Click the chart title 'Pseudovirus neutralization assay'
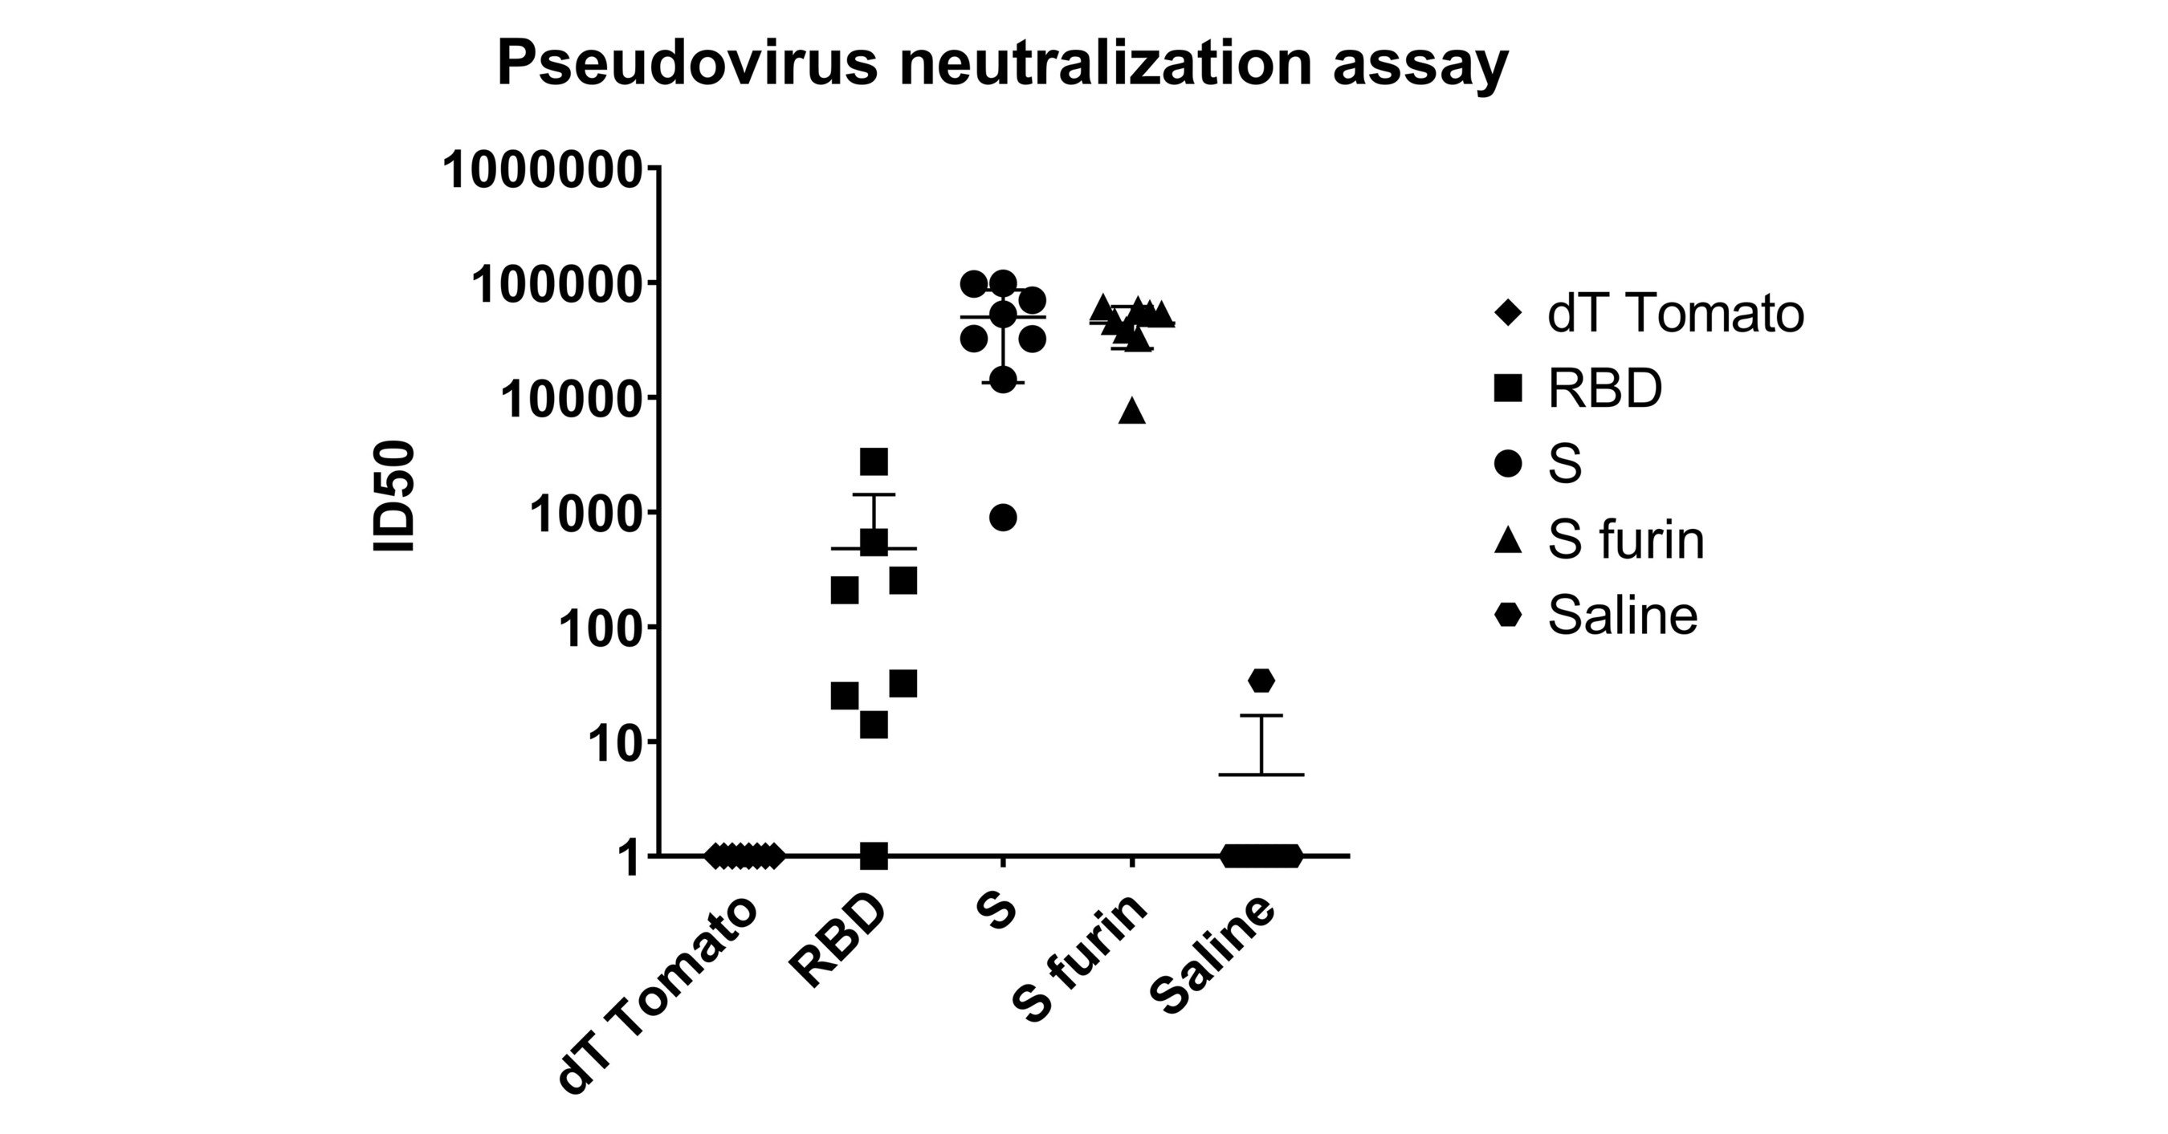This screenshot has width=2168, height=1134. pyautogui.click(x=1002, y=65)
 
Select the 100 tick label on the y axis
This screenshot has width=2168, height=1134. pyautogui.click(x=601, y=628)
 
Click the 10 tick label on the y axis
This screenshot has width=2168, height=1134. pyautogui.click(x=615, y=743)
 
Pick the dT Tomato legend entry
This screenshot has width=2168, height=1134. pyautogui.click(x=1649, y=314)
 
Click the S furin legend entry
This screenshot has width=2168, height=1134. pyautogui.click(x=1599, y=539)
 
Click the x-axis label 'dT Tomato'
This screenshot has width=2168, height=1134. pyautogui.click(x=658, y=996)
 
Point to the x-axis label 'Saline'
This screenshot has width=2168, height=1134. pyautogui.click(x=1212, y=957)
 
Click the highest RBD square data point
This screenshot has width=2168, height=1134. pyautogui.click(x=874, y=461)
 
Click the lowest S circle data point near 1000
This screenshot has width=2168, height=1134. pyautogui.click(x=1002, y=518)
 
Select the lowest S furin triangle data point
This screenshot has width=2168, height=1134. pyautogui.click(x=1132, y=409)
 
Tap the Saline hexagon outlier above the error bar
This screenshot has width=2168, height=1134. pyautogui.click(x=1261, y=681)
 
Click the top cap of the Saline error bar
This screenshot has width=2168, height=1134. pyautogui.click(x=1261, y=716)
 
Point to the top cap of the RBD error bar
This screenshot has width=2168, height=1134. pyautogui.click(x=874, y=494)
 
